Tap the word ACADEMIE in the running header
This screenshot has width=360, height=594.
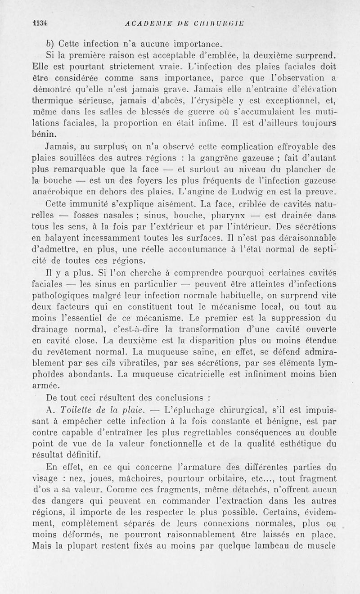pyautogui.click(x=141, y=24)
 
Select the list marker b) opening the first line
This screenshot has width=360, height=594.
pyautogui.click(x=50, y=44)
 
